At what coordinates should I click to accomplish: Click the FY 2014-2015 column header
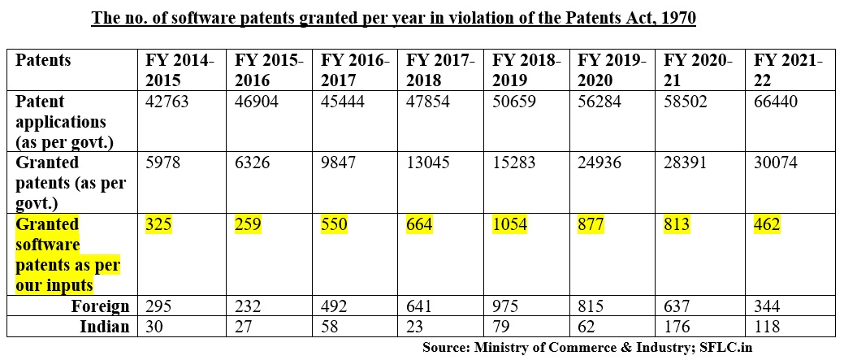pos(180,70)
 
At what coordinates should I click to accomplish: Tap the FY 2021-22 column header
pos(788,70)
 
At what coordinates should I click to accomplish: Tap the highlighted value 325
pos(159,224)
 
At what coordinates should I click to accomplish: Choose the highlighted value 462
pos(768,224)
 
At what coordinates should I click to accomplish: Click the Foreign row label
pos(101,306)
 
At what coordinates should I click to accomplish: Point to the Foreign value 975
pos(506,306)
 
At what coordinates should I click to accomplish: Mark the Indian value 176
pos(678,326)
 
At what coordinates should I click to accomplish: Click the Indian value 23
pos(414,326)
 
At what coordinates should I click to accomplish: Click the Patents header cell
pos(43,61)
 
